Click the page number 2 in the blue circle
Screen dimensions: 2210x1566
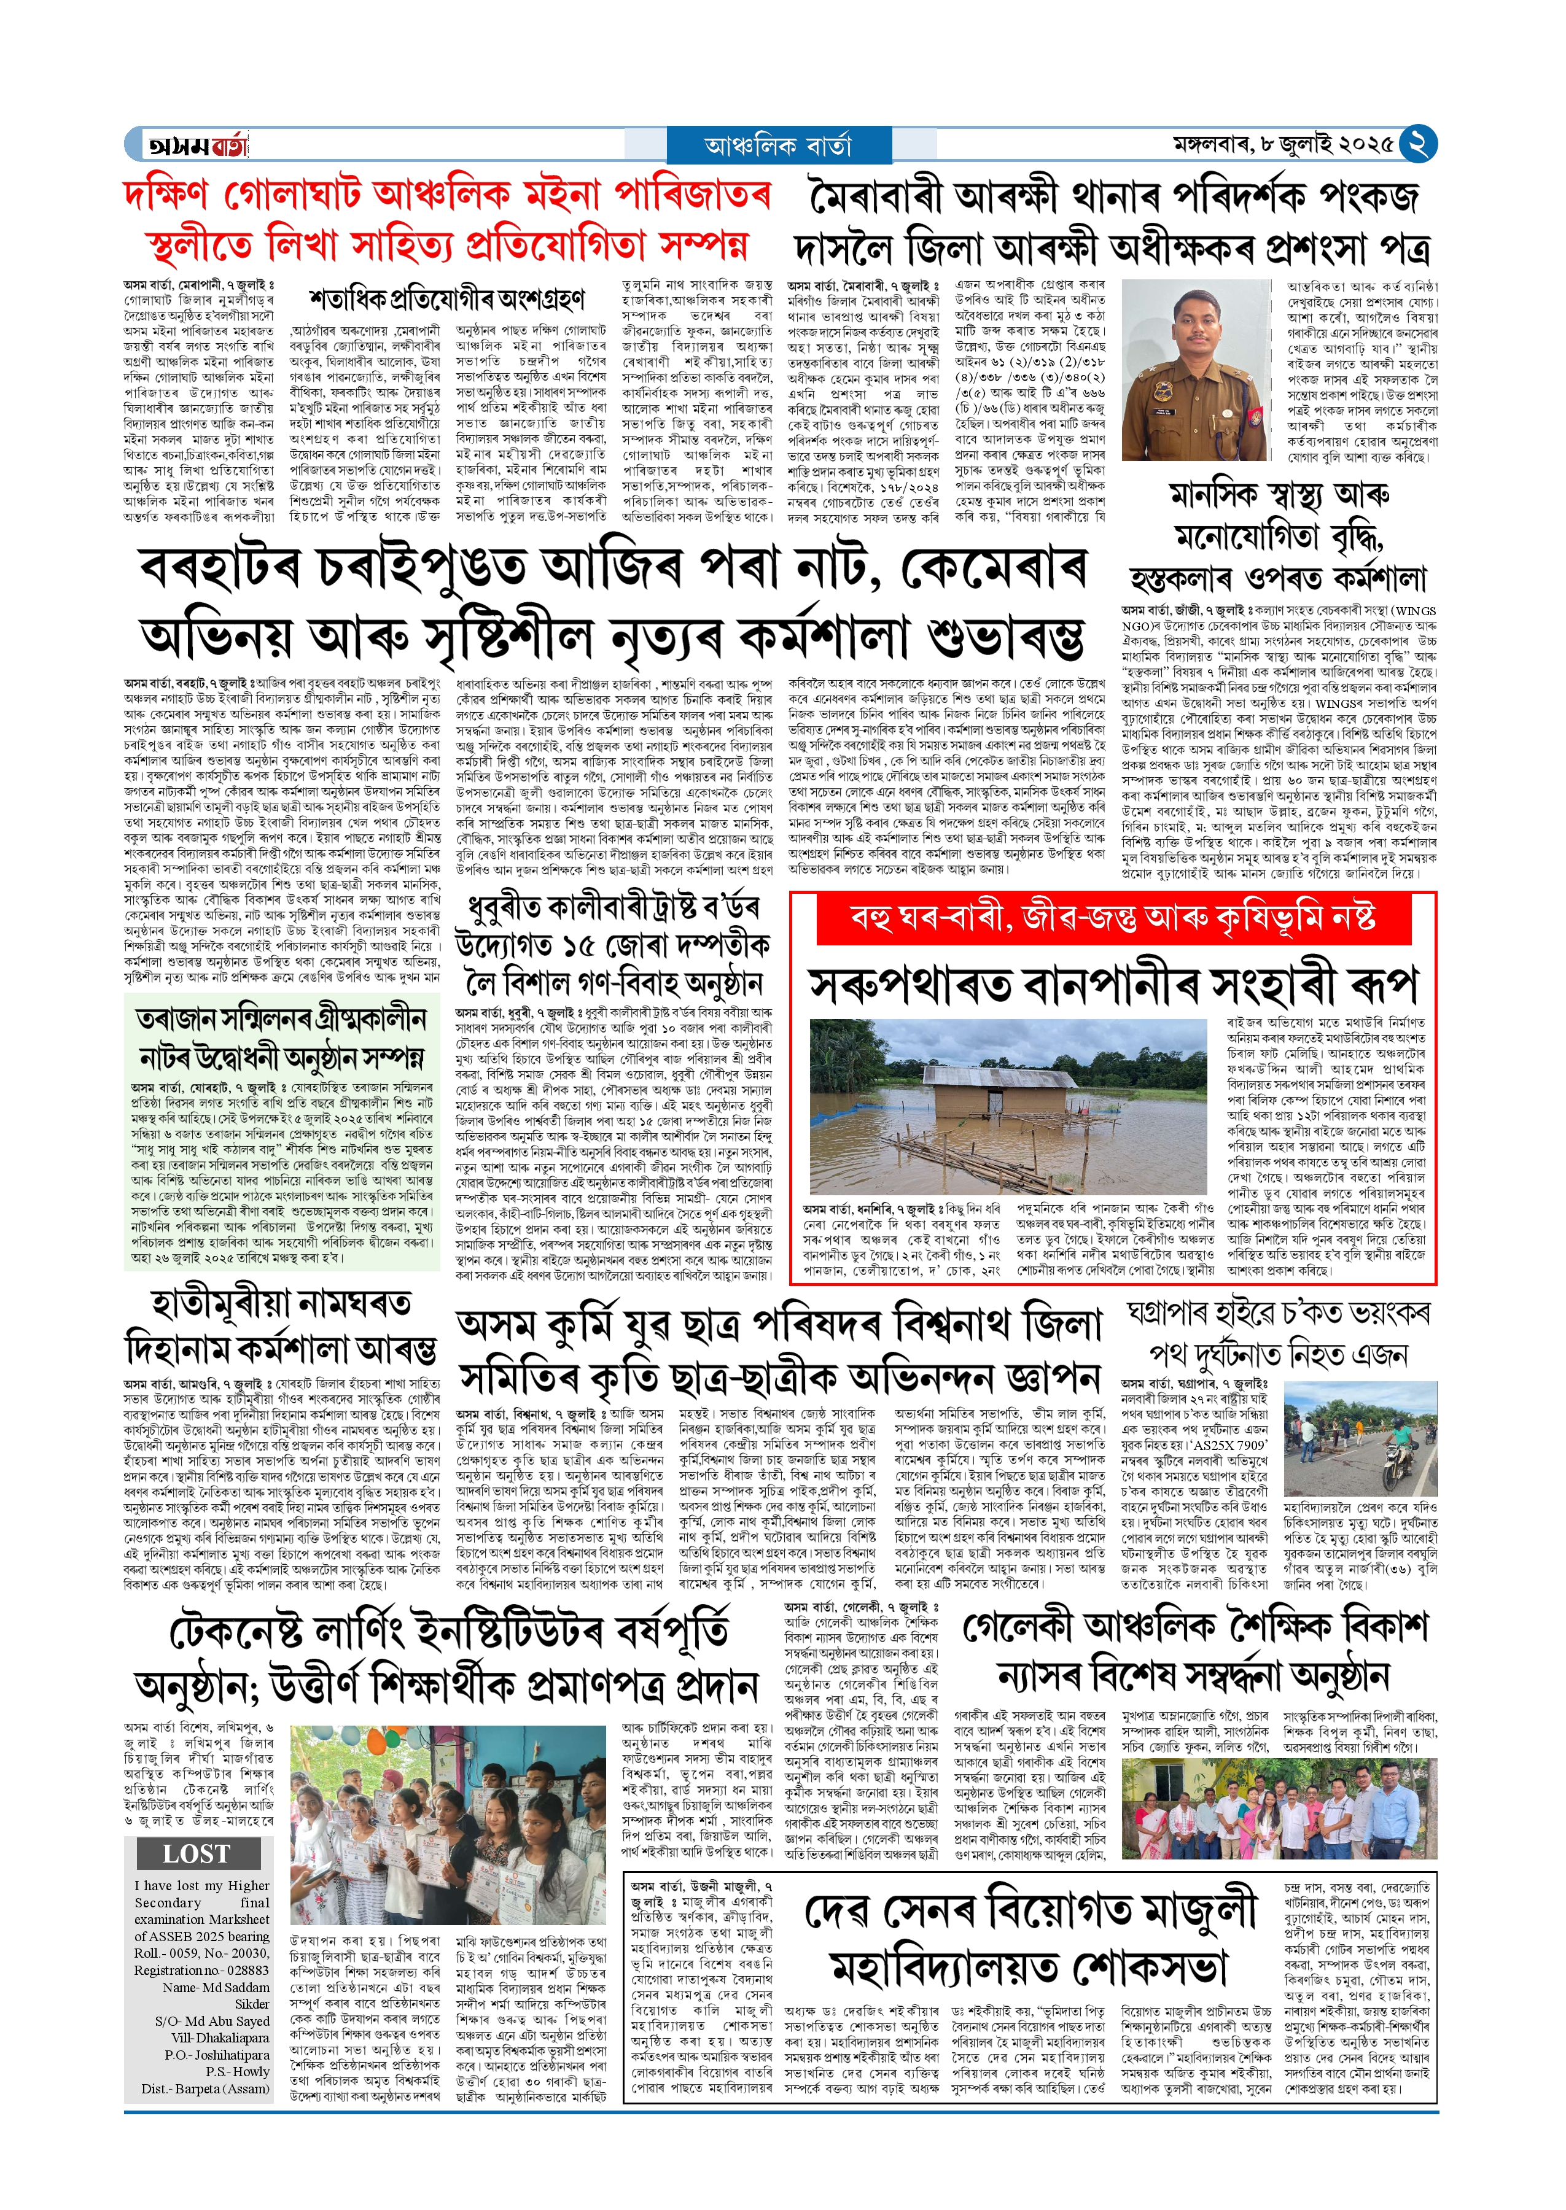click(x=1417, y=144)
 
